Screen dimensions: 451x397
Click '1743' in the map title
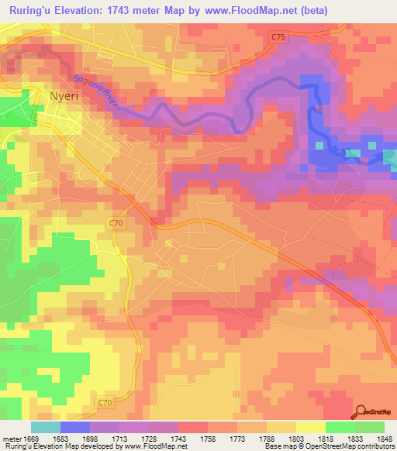coord(132,10)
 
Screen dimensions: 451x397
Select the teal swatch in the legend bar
coord(45,427)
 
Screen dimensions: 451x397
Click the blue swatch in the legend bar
coord(74,427)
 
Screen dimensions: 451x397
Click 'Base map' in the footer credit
coord(280,447)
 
